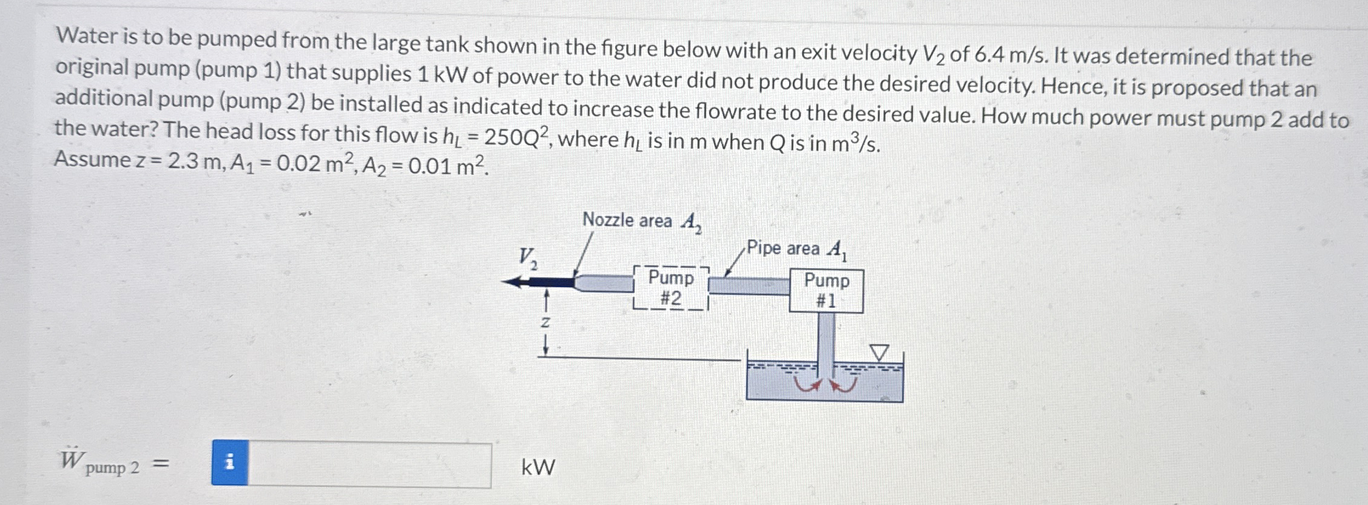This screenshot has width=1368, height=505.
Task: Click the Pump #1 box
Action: click(x=826, y=291)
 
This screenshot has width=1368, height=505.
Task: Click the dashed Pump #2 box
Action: click(x=670, y=288)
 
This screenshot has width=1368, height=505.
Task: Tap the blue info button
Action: click(x=229, y=463)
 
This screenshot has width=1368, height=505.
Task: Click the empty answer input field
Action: click(x=369, y=465)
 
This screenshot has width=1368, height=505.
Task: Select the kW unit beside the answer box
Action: click(x=537, y=467)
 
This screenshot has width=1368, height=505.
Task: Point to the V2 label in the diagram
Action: click(x=527, y=258)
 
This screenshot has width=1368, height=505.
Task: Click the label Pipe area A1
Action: click(x=796, y=249)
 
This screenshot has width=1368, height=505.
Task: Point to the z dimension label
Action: click(x=545, y=322)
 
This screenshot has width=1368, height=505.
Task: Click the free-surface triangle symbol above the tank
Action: click(x=879, y=352)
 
